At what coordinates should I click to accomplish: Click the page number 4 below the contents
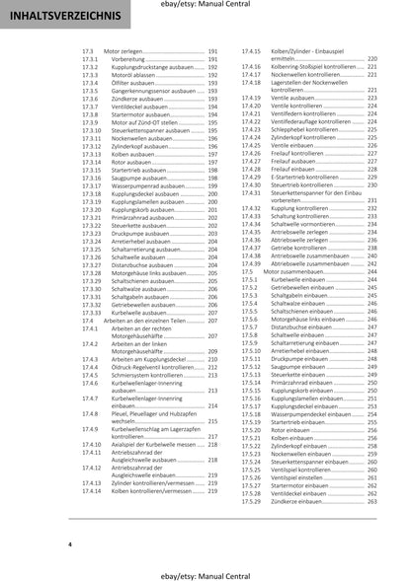(70, 543)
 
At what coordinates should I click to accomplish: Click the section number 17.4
(87, 320)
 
